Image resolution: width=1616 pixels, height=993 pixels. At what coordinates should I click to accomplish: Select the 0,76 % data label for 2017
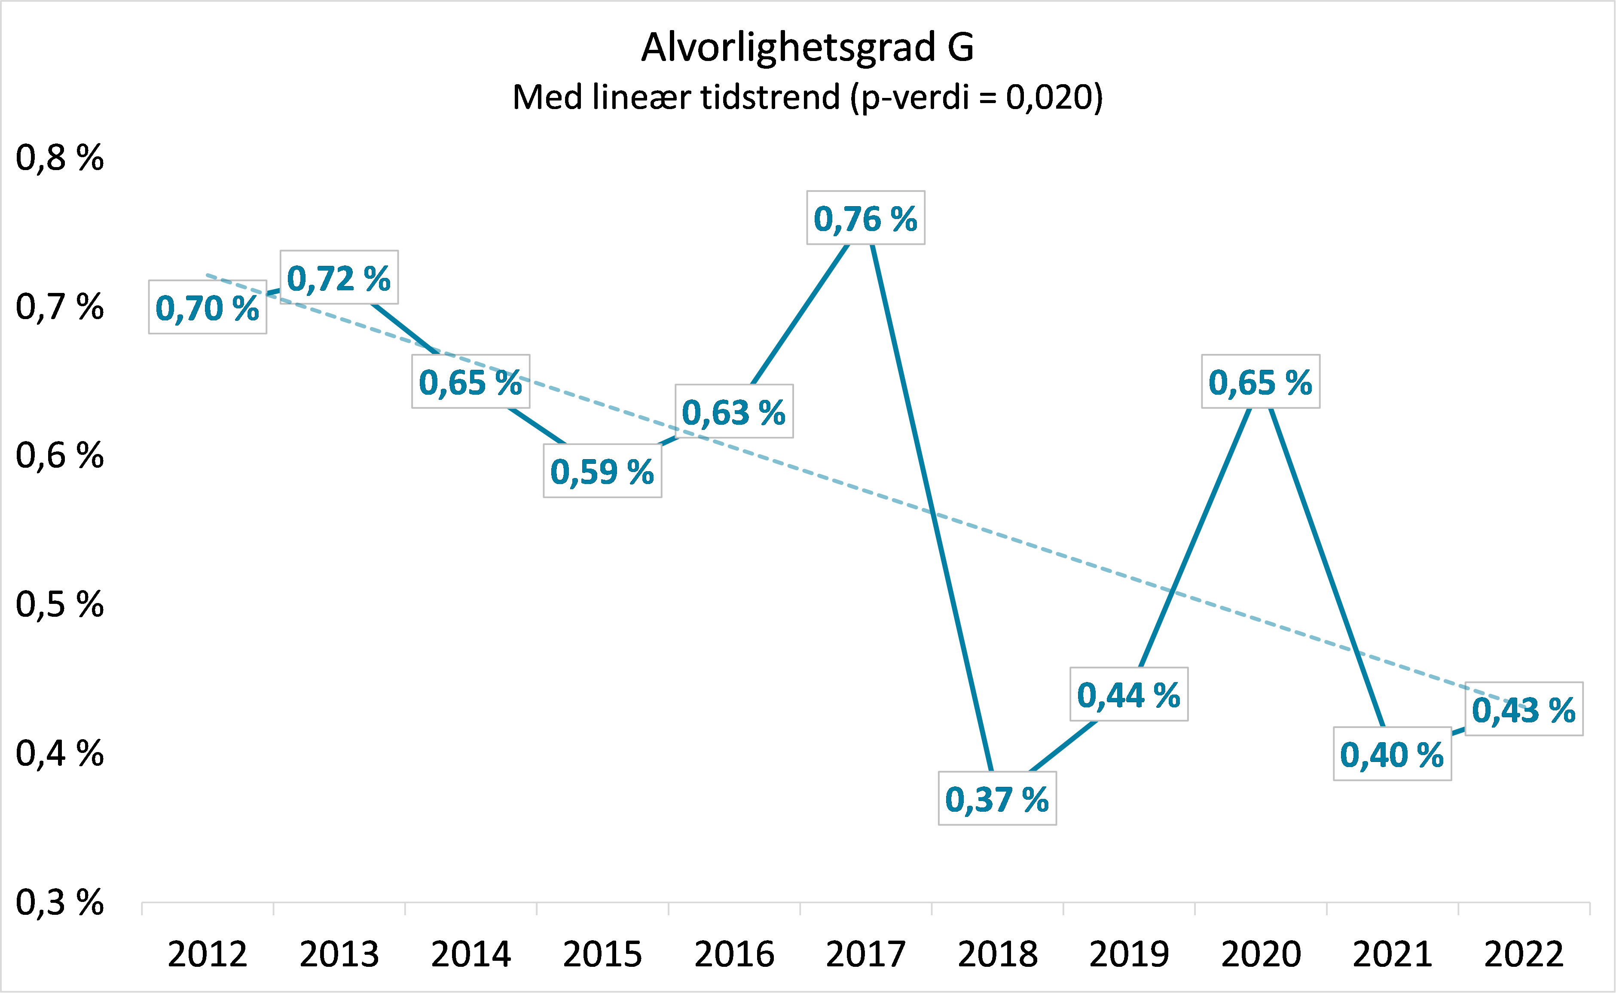coord(866,219)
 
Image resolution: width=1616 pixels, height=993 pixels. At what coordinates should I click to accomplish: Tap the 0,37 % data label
coord(997,800)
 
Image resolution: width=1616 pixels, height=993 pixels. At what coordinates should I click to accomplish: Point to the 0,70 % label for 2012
coord(208,308)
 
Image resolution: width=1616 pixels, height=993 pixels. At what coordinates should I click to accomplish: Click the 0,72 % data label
coord(339,278)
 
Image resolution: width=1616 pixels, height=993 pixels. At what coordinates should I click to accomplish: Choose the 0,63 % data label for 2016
coord(734,412)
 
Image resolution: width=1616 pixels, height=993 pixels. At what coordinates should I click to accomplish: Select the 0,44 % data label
coord(1129,695)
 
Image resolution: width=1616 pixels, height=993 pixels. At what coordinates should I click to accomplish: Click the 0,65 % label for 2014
coord(470,382)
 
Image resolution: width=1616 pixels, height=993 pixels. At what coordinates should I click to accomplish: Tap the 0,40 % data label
coord(1392,755)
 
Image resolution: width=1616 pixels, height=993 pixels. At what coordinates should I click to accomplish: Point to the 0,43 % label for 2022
coord(1524,710)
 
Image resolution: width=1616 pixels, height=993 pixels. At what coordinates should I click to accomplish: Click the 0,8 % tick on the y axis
coord(60,158)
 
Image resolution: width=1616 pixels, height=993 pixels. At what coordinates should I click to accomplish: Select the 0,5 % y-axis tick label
coord(60,604)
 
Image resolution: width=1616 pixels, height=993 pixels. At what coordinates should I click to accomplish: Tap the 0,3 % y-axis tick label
coord(60,902)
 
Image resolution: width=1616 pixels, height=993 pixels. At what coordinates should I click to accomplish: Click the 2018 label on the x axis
coord(997,954)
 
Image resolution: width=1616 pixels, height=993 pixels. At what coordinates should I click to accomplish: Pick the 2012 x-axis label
coord(208,954)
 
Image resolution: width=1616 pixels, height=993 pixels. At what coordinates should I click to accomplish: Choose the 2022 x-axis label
coord(1524,954)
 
